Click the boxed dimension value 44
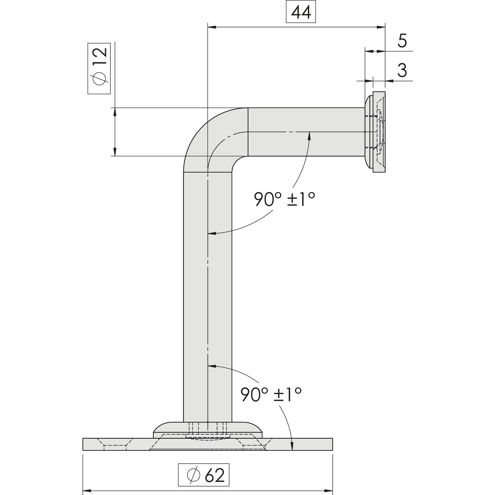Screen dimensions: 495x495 pyautogui.click(x=301, y=13)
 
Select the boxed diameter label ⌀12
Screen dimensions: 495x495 pyautogui.click(x=99, y=68)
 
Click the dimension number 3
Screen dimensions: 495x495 pyautogui.click(x=402, y=70)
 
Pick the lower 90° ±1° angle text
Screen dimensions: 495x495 pyautogui.click(x=271, y=394)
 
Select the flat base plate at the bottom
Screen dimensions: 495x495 pyautogui.click(x=208, y=444)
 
